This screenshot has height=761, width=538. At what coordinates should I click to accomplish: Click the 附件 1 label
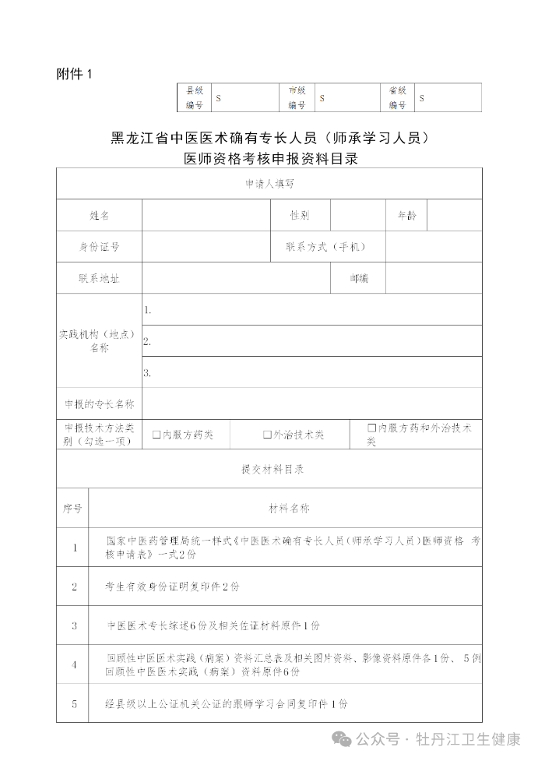pyautogui.click(x=74, y=74)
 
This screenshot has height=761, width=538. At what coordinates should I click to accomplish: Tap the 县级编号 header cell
pyautogui.click(x=194, y=97)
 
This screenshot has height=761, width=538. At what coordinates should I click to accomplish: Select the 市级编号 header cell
pyautogui.click(x=297, y=97)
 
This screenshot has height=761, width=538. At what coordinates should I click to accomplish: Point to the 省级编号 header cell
pyautogui.click(x=398, y=97)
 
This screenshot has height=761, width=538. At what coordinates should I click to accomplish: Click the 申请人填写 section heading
pyautogui.click(x=269, y=184)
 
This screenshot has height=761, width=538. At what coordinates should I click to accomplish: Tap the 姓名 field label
pyautogui.click(x=99, y=216)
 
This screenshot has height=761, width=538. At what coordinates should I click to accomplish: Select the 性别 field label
pyautogui.click(x=300, y=216)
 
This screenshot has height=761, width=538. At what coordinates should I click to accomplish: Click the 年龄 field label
pyautogui.click(x=407, y=216)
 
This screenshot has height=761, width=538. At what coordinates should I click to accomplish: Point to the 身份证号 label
pyautogui.click(x=99, y=247)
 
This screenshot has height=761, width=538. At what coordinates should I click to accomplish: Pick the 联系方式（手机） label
pyautogui.click(x=325, y=247)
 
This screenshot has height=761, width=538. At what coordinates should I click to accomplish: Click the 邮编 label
pyautogui.click(x=358, y=278)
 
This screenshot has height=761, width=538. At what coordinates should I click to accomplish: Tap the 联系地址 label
pyautogui.click(x=99, y=278)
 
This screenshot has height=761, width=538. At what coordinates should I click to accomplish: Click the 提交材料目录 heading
pyautogui.click(x=269, y=470)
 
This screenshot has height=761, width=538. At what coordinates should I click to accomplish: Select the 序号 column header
pyautogui.click(x=72, y=509)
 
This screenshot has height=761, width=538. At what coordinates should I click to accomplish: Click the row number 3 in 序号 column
pyautogui.click(x=74, y=625)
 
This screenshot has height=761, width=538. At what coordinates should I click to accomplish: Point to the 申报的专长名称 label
pyautogui.click(x=99, y=404)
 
